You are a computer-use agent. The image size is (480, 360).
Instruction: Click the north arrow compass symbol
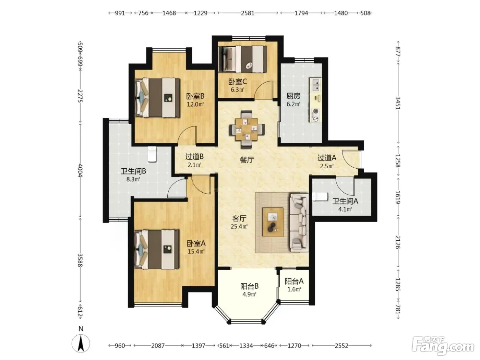point(81,343)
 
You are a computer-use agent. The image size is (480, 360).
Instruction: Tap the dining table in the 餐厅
point(247,130)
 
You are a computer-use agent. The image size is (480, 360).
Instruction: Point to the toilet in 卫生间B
point(152,154)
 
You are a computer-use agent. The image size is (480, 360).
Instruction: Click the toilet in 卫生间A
point(320,197)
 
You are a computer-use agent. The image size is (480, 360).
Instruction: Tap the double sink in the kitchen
point(315,85)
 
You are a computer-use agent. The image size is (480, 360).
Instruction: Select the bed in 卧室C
point(243,59)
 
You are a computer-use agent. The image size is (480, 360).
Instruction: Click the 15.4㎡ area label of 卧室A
point(196,251)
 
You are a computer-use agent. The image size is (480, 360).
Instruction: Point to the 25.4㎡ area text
point(239,226)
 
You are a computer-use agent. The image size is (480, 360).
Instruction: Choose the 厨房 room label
point(293,96)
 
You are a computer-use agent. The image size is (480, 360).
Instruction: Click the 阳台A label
point(294,281)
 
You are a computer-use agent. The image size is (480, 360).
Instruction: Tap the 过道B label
point(194,156)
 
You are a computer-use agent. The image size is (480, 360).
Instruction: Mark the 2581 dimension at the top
point(248,13)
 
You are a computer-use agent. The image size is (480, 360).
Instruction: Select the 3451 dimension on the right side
point(398,103)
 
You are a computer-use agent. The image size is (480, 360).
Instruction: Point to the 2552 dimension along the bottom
point(341,346)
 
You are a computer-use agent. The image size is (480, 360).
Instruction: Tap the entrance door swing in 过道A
point(350,159)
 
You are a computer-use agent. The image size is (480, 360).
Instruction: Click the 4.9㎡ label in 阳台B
point(249,294)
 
